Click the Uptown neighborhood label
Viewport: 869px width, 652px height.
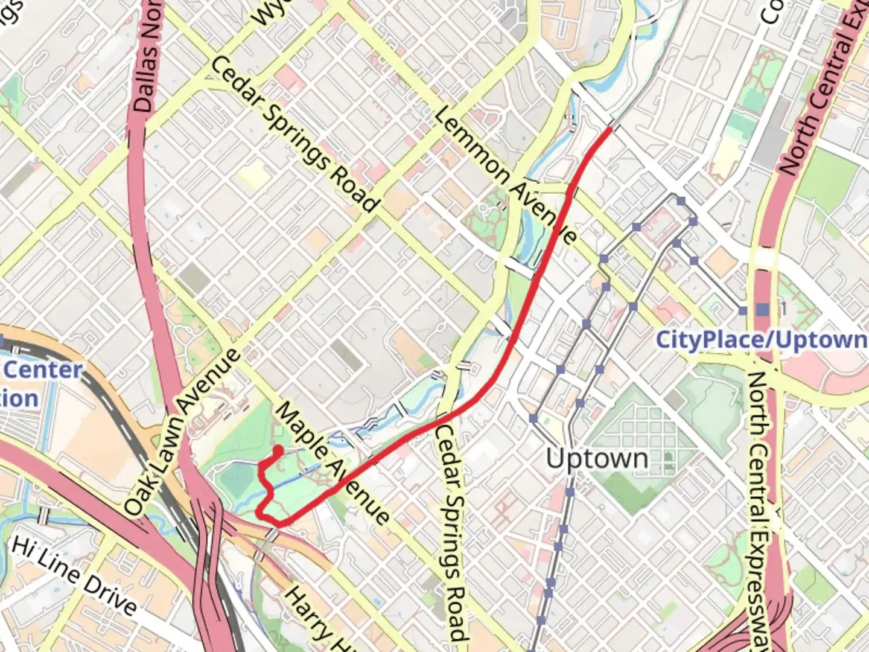coord(597,459)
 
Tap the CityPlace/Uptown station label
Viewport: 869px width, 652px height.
coord(762,339)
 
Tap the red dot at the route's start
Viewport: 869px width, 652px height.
coord(278,450)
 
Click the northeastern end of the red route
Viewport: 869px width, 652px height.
coord(610,129)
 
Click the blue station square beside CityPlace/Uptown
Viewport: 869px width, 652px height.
coord(763,310)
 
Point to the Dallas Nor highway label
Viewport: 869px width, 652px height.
coord(145,57)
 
